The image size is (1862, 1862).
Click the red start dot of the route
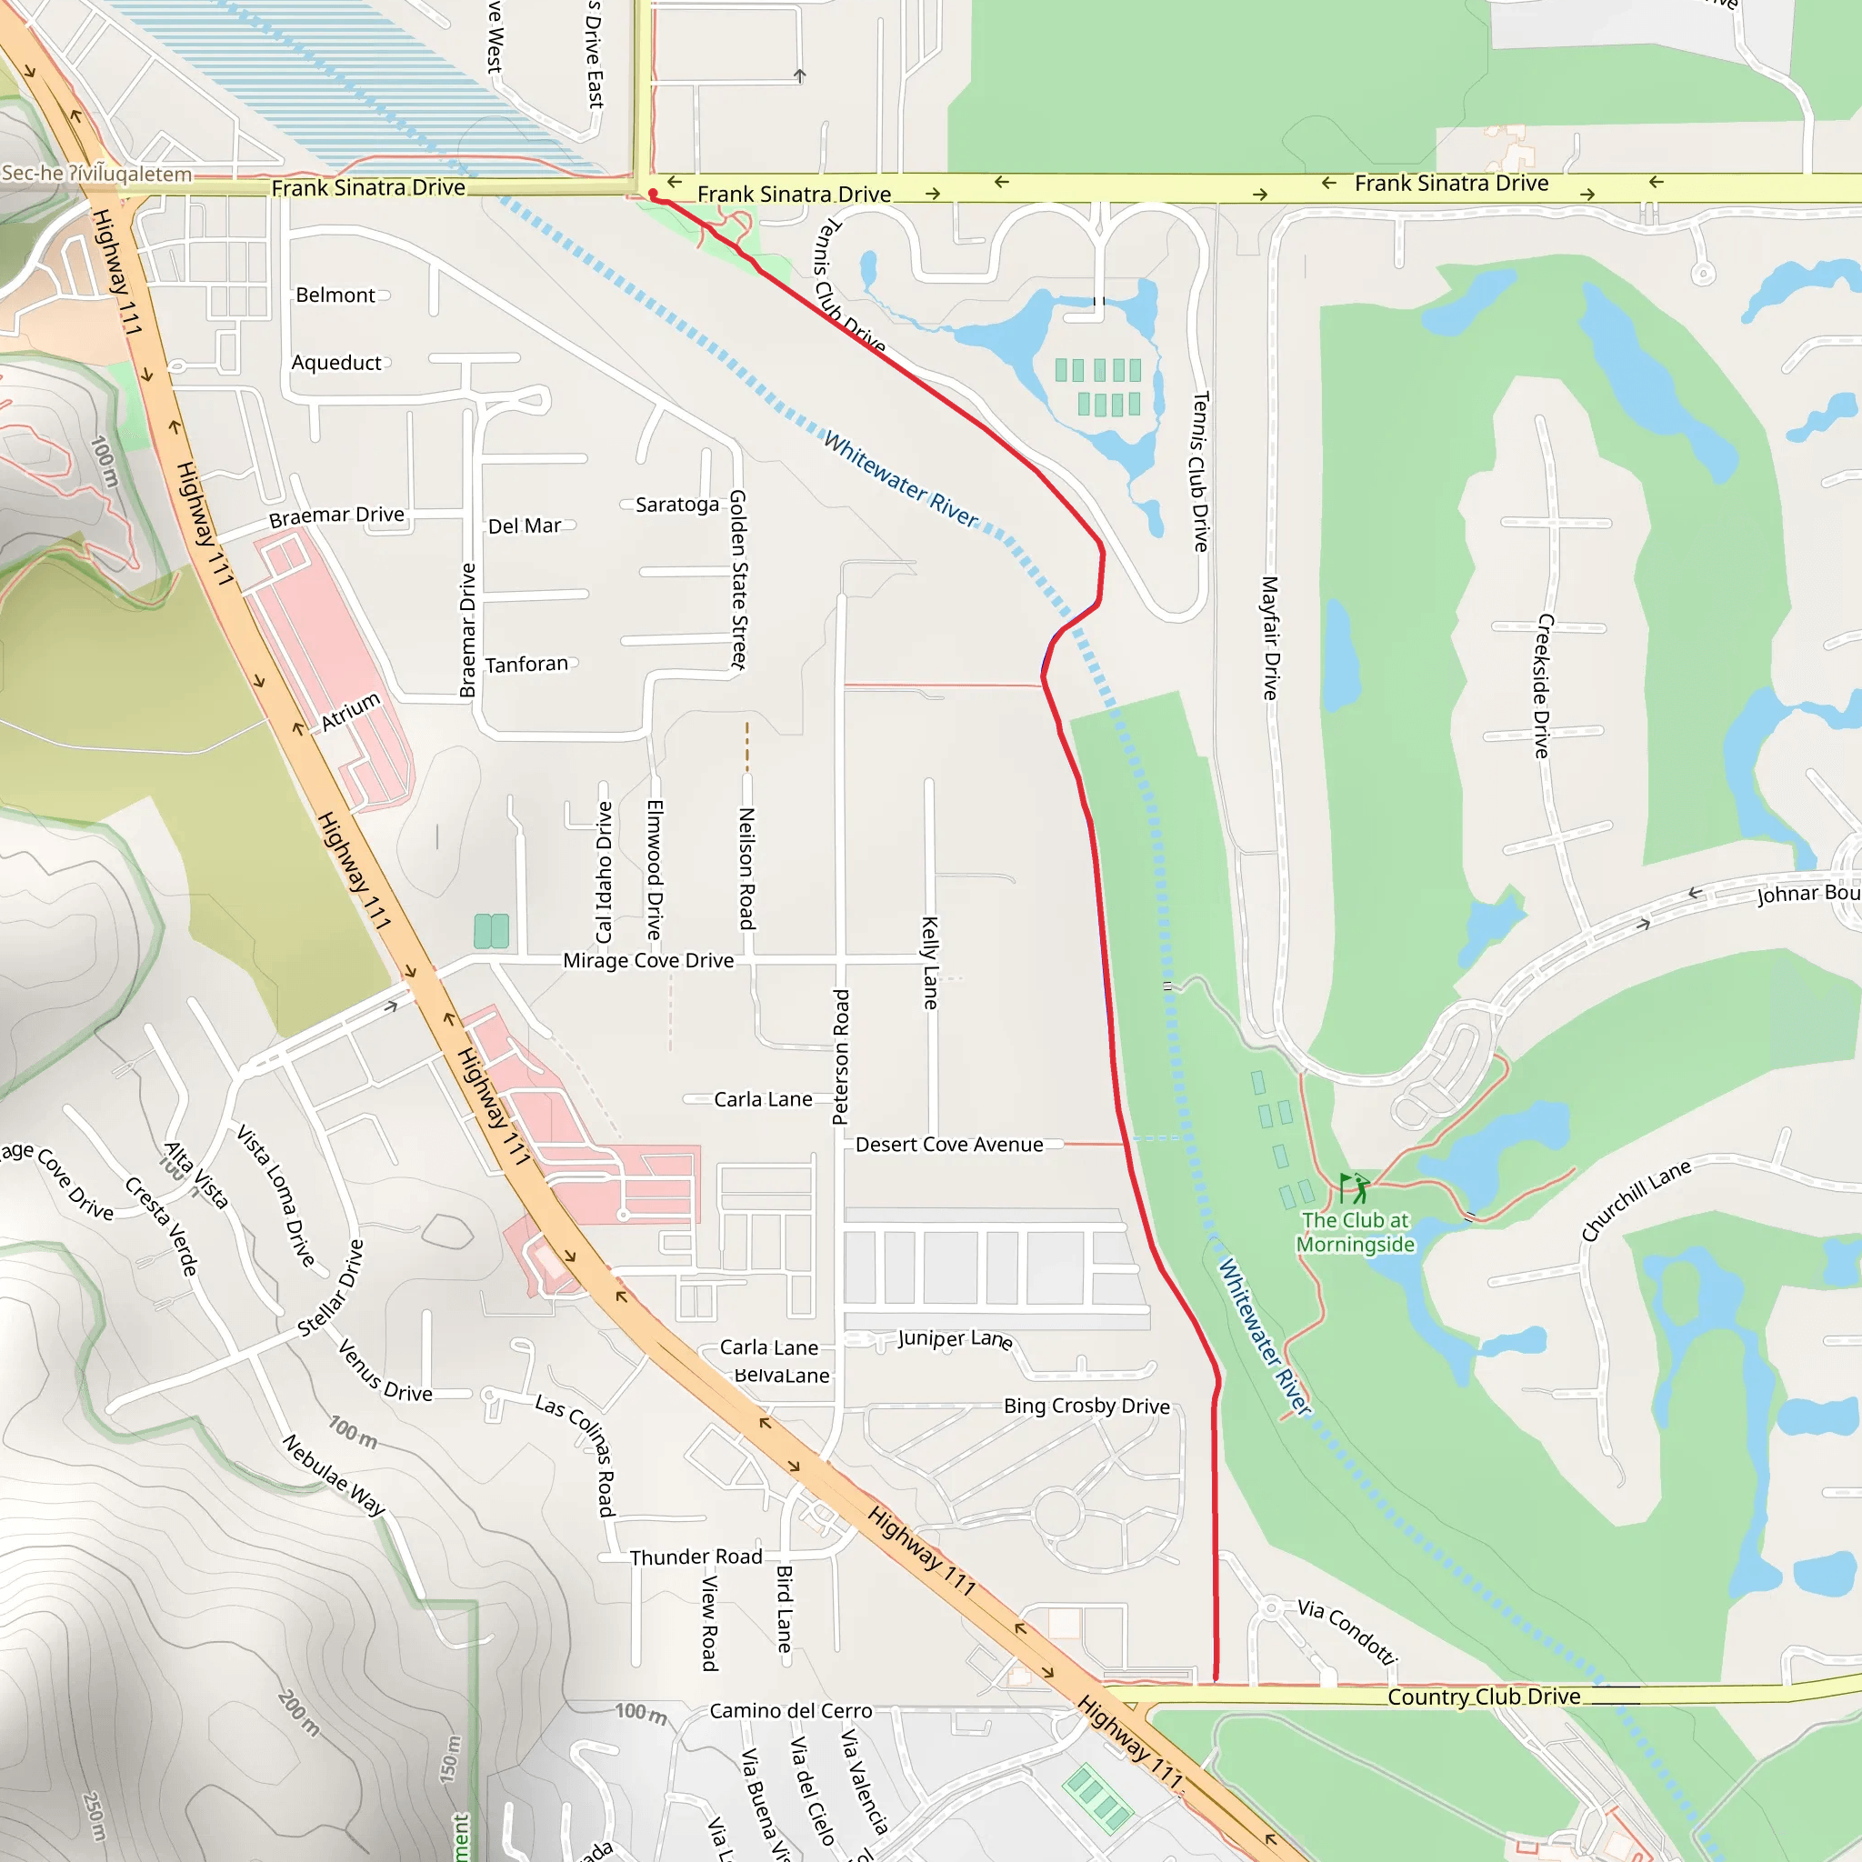point(654,195)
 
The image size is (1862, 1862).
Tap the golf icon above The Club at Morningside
point(1354,1188)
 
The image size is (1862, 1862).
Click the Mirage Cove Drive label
point(647,961)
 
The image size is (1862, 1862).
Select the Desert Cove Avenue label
point(948,1145)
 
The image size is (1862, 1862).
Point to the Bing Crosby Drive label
point(1086,1407)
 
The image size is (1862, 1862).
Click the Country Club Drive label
point(1483,1697)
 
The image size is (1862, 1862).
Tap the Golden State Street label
point(738,579)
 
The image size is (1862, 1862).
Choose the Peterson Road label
point(841,1056)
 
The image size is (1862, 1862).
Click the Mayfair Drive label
point(1270,638)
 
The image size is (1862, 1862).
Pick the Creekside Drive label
point(1543,686)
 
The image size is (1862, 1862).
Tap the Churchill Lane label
point(1636,1201)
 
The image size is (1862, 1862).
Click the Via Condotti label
point(1346,1632)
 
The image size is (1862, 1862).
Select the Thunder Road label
point(696,1557)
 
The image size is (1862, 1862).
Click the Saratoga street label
point(676,505)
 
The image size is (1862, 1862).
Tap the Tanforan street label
point(526,665)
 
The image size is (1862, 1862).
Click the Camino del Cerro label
point(790,1711)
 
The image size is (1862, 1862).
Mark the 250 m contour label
point(95,1816)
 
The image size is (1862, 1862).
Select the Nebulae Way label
point(334,1476)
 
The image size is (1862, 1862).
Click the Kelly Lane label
point(930,963)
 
